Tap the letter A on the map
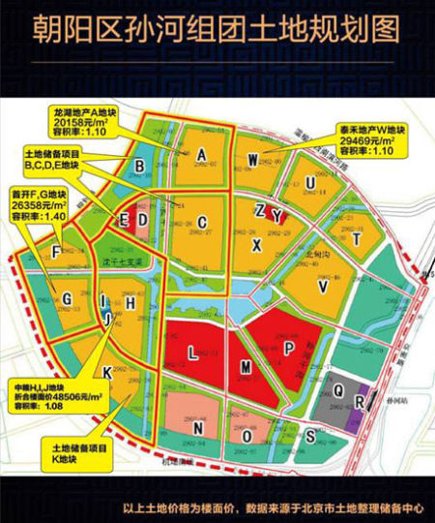pos(203,155)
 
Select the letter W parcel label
pos(252,159)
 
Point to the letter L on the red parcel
pos(192,354)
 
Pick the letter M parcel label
pos(246,366)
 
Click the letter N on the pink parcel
pos(198,426)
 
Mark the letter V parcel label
pos(324,287)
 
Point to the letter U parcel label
pos(309,183)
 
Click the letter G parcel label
pos(67,298)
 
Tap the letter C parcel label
pos(203,222)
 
